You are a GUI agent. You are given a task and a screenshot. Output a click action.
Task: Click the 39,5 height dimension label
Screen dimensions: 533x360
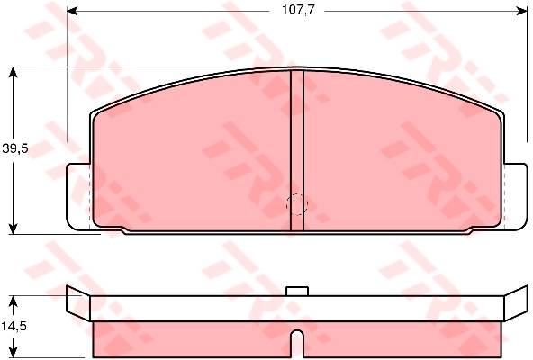tap(15, 148)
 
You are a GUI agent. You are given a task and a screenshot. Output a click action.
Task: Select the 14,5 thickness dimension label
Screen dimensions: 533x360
tap(14, 327)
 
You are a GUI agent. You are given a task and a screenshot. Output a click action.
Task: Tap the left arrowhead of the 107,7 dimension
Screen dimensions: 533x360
tap(72, 11)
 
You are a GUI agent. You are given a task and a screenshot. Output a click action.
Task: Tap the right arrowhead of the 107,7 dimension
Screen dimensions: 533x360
tap(522, 11)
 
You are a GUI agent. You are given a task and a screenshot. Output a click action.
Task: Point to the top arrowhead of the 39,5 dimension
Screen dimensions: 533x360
tap(13, 73)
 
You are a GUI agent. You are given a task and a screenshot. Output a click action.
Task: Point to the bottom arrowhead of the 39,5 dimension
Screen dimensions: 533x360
tap(13, 229)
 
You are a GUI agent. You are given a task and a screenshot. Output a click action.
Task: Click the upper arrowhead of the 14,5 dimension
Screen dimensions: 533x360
tap(13, 301)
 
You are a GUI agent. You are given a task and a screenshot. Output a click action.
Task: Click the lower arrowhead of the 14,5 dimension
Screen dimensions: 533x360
tap(13, 352)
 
